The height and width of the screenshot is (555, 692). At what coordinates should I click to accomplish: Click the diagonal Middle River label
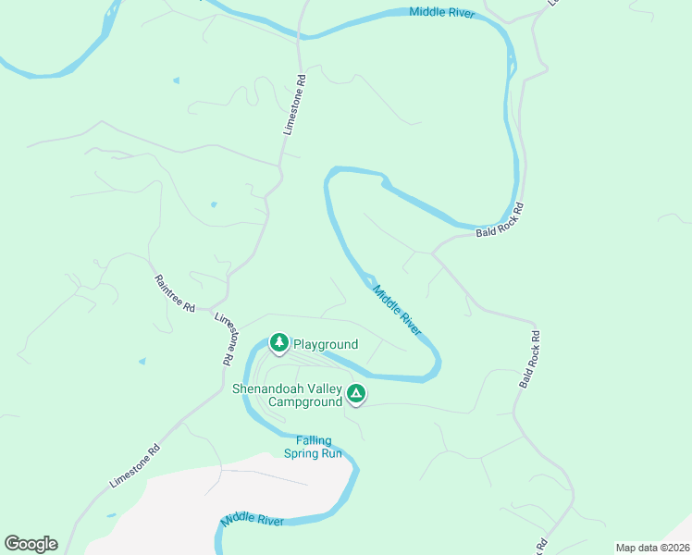(x=398, y=310)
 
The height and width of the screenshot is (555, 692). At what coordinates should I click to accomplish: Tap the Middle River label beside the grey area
(x=253, y=522)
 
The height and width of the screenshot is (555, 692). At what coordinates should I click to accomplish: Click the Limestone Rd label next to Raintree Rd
(x=226, y=339)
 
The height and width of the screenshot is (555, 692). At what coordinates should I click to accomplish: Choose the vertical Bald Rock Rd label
(x=528, y=358)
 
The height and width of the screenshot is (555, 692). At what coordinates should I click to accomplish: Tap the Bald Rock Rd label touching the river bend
(x=500, y=220)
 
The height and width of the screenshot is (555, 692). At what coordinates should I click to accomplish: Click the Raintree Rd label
(x=175, y=293)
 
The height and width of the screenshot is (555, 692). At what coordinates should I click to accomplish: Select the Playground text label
(x=325, y=344)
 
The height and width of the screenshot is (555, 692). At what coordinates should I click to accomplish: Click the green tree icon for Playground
(x=278, y=342)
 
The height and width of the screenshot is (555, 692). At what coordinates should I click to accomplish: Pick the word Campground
(x=304, y=402)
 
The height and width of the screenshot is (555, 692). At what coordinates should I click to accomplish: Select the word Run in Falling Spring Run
(x=330, y=453)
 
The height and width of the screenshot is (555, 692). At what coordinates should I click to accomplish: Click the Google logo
(x=31, y=544)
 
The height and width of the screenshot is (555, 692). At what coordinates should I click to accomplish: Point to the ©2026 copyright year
(x=674, y=547)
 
